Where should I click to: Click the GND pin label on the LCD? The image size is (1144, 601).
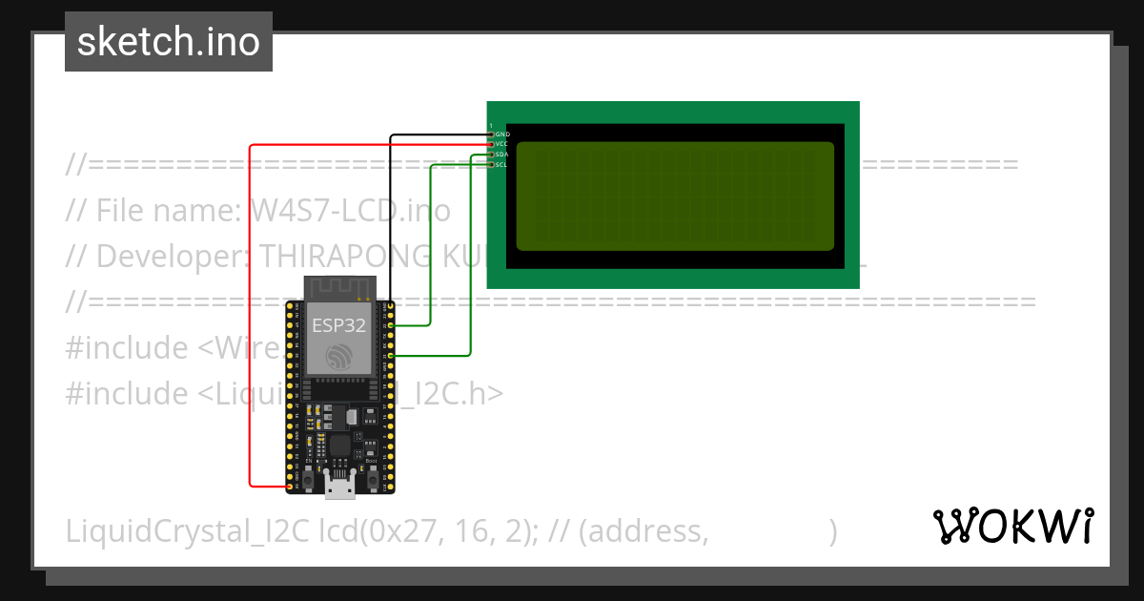point(502,135)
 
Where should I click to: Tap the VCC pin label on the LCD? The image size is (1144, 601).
point(502,144)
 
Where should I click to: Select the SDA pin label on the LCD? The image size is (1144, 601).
point(502,155)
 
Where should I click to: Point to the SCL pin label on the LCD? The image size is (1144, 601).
point(502,165)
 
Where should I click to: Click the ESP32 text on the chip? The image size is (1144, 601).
point(338,324)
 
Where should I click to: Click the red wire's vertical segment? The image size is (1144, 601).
point(250,315)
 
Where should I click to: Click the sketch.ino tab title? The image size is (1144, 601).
point(169,42)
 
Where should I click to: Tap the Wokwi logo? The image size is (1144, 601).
point(1012,526)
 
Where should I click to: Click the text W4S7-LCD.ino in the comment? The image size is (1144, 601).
point(350,210)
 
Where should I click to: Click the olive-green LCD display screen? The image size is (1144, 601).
point(675,196)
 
